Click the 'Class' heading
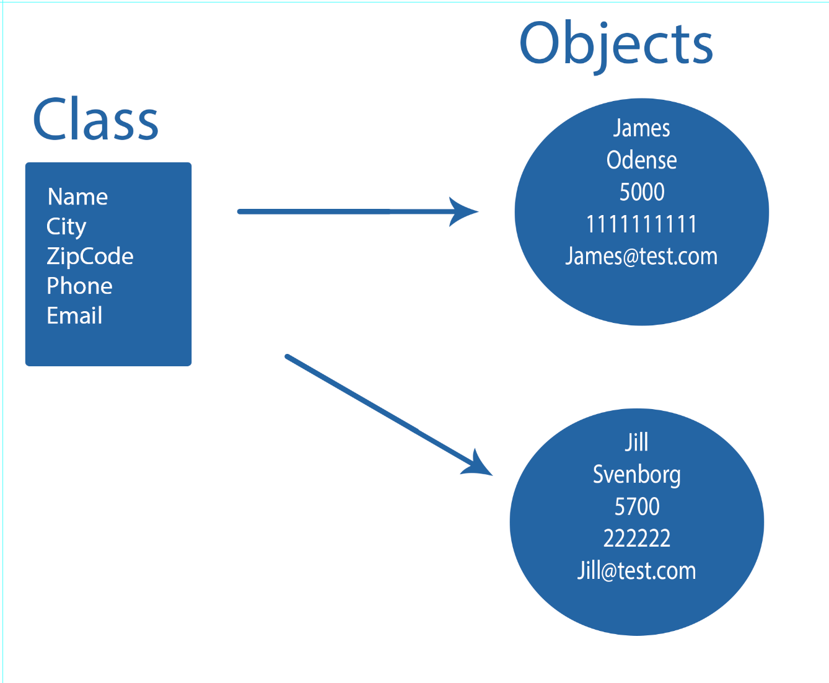pos(95,120)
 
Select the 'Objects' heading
pos(616,43)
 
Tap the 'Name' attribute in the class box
pos(77,196)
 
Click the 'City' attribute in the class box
pos(66,227)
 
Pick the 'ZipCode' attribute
pos(90,256)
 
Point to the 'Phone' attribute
pos(79,286)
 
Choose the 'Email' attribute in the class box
pos(74,315)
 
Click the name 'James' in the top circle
pos(641,128)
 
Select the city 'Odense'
pos(641,160)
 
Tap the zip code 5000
pos(641,192)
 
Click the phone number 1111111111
pos(641,224)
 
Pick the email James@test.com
pos(641,256)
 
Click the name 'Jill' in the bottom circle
pos(636,443)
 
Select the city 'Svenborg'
pos(636,475)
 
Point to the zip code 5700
pos(636,506)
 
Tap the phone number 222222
pos(636,538)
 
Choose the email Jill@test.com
pos(636,570)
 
